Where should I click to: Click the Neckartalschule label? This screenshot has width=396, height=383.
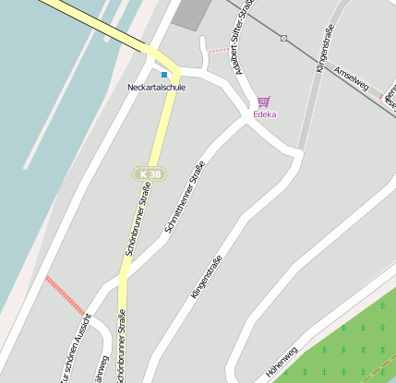156,87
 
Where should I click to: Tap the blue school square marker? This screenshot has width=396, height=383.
164,74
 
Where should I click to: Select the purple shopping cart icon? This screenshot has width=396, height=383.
264,102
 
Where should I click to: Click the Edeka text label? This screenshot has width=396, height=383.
265,114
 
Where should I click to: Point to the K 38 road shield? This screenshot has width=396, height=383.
149,174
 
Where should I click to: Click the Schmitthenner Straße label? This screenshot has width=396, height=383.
184,197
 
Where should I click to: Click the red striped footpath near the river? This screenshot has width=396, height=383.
65,294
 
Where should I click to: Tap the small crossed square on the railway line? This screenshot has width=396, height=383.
283,38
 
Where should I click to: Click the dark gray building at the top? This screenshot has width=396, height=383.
192,12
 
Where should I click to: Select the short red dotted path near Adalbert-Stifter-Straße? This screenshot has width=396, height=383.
218,49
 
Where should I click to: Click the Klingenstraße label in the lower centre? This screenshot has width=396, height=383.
207,276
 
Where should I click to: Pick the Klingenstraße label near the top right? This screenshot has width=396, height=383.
323,50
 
